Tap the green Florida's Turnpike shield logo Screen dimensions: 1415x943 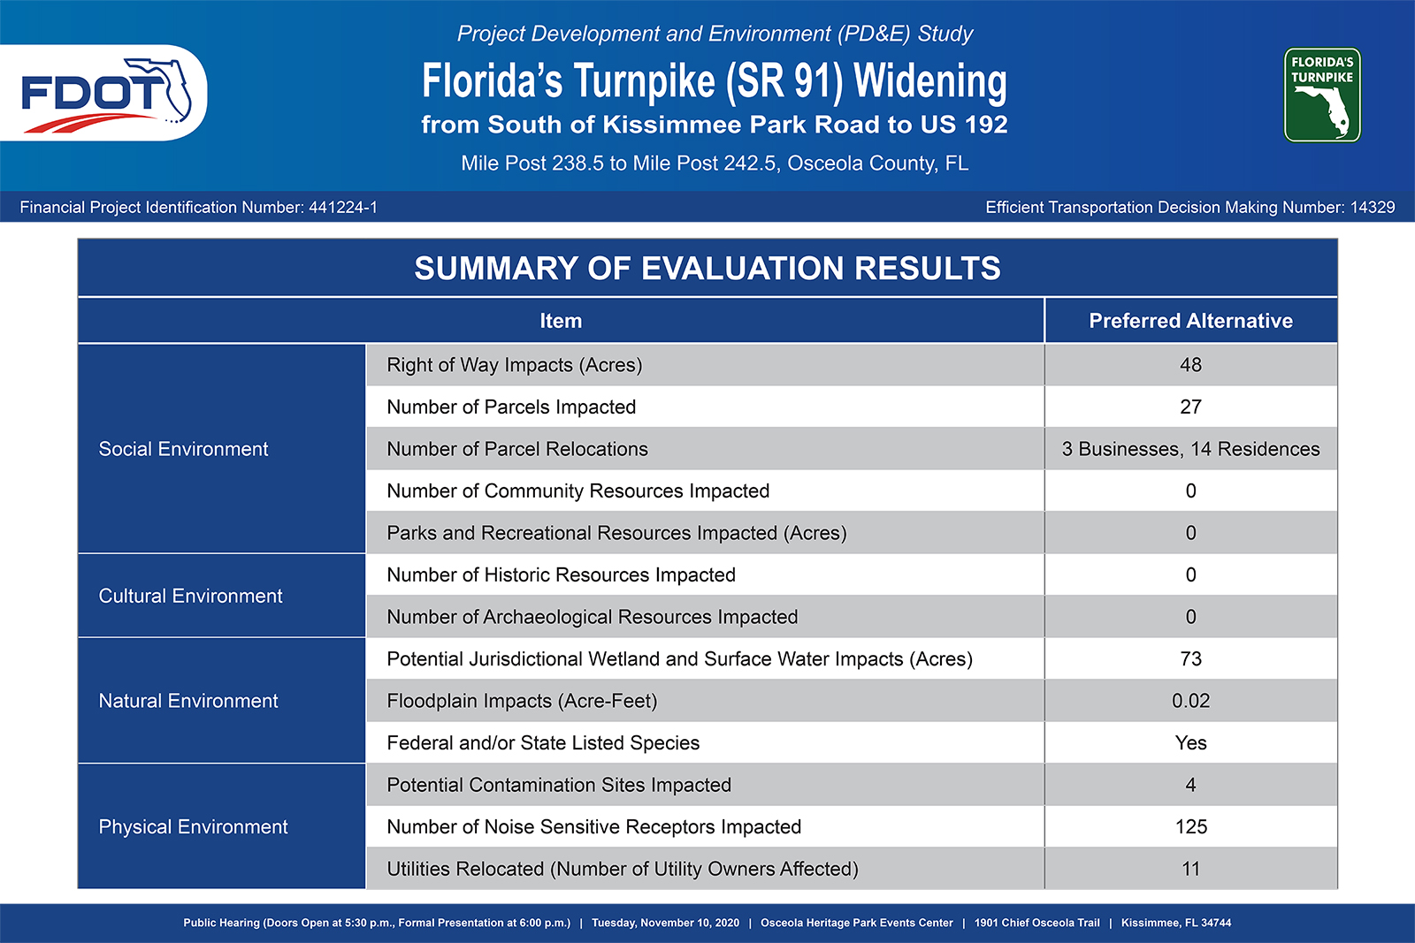point(1322,95)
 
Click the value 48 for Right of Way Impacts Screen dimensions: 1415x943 point(1190,365)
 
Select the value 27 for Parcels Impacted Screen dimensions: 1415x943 point(1190,407)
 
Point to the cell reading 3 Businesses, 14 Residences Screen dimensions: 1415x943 point(1190,449)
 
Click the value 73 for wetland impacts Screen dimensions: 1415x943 point(1190,659)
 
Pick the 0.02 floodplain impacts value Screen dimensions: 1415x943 point(1190,701)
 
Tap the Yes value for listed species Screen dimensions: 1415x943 point(1190,743)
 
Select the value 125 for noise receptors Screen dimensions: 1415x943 point(1190,827)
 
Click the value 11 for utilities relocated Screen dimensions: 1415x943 point(1190,869)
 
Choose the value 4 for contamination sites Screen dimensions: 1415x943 point(1190,785)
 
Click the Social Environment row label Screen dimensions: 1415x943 point(183,449)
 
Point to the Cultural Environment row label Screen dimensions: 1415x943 point(190,596)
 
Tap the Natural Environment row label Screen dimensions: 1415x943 point(188,701)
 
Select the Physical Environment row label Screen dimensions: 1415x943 point(193,827)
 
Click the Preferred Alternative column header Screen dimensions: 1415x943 point(1190,321)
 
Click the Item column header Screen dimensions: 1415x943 point(561,321)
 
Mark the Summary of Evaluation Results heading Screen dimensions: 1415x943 point(707,269)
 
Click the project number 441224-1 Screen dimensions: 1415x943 point(343,208)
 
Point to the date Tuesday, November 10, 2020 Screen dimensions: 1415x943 point(665,923)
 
